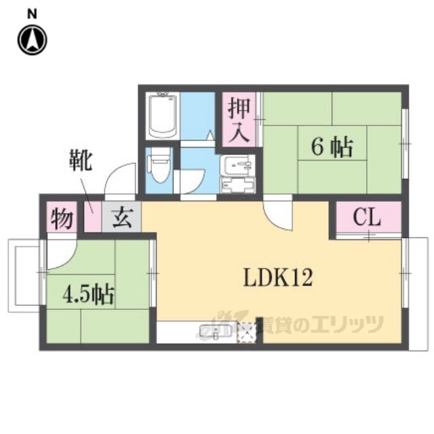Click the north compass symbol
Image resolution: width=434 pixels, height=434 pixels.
(x=33, y=40)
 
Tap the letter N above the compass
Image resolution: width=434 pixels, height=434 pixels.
(x=32, y=14)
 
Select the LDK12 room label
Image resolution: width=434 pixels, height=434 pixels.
(x=278, y=277)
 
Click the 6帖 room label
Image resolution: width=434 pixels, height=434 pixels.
(x=332, y=147)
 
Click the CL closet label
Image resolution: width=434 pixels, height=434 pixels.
(x=367, y=217)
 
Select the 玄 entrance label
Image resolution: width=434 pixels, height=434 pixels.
(x=122, y=217)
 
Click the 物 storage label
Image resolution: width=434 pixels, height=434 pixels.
(x=62, y=218)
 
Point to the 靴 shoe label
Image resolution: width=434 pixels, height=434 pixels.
(x=81, y=160)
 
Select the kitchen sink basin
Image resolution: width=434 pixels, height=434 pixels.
(x=216, y=331)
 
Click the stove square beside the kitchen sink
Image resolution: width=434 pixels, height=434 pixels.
(x=248, y=332)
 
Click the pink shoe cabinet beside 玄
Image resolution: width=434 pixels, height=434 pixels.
(x=92, y=217)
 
